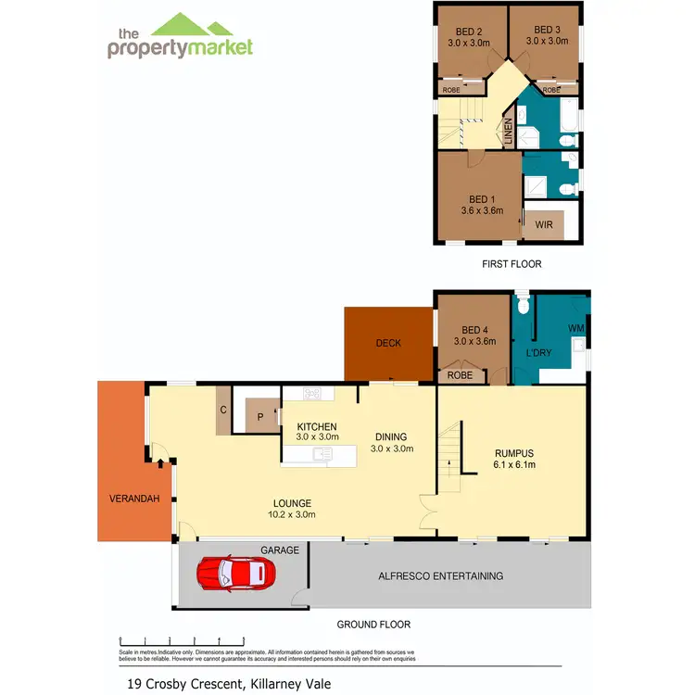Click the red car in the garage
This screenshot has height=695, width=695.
pyautogui.click(x=236, y=575)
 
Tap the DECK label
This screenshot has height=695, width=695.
pyautogui.click(x=388, y=343)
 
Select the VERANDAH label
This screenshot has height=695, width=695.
pyautogui.click(x=134, y=499)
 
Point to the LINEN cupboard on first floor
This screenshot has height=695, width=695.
pyautogui.click(x=508, y=131)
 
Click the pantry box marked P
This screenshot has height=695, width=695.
pyautogui.click(x=259, y=417)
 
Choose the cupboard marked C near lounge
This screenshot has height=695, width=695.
pyautogui.click(x=223, y=411)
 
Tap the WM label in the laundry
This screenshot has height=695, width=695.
pyautogui.click(x=575, y=328)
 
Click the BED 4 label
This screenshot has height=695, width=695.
pyautogui.click(x=474, y=330)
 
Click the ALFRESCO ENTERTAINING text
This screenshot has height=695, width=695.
pyautogui.click(x=441, y=575)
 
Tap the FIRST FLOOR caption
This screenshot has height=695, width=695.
pyautogui.click(x=511, y=264)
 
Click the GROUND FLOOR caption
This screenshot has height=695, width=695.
pyautogui.click(x=373, y=625)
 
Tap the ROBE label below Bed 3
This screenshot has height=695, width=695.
pyautogui.click(x=551, y=90)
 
